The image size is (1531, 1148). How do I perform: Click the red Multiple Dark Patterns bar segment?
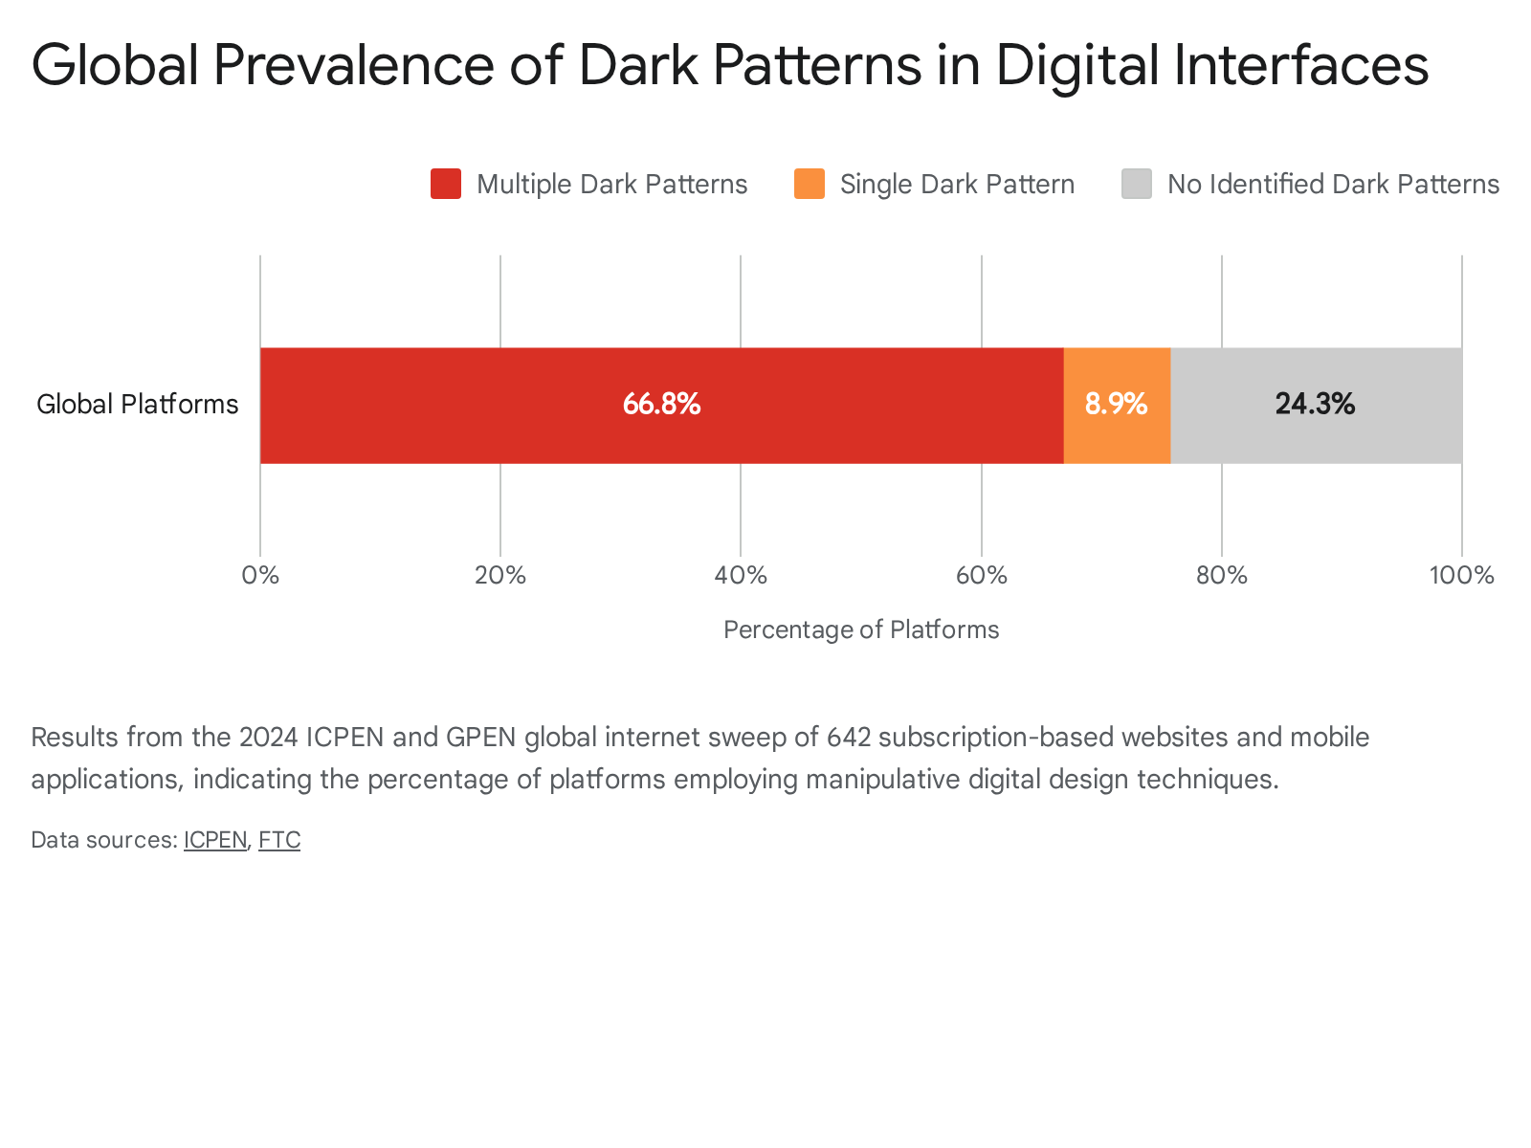[x=661, y=405]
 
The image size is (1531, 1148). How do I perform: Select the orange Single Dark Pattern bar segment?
[x=1117, y=405]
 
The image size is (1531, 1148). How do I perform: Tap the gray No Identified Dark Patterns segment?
[x=1316, y=405]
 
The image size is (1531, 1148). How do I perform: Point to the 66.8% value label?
[x=661, y=404]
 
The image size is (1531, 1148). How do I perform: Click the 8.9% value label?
[x=1116, y=404]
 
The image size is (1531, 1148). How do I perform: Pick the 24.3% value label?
[x=1315, y=404]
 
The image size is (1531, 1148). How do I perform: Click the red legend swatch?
[x=446, y=184]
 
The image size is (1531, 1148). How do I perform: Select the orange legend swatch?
[x=810, y=184]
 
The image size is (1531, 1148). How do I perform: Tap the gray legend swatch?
[x=1136, y=184]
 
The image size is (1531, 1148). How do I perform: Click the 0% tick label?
[x=260, y=575]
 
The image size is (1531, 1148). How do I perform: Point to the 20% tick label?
[x=500, y=575]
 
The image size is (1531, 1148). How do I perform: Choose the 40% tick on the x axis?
[x=741, y=575]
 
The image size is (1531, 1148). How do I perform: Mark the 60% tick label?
[x=982, y=575]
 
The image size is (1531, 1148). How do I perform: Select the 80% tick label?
[x=1221, y=575]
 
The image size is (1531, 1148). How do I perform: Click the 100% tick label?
[x=1461, y=575]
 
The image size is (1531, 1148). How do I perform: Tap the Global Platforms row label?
[x=138, y=405]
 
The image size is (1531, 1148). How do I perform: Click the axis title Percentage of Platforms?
[x=860, y=629]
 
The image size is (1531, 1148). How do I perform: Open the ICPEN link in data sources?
[x=215, y=840]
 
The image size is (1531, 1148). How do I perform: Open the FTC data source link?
[x=279, y=840]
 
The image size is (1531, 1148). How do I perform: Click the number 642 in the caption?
[x=848, y=737]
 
